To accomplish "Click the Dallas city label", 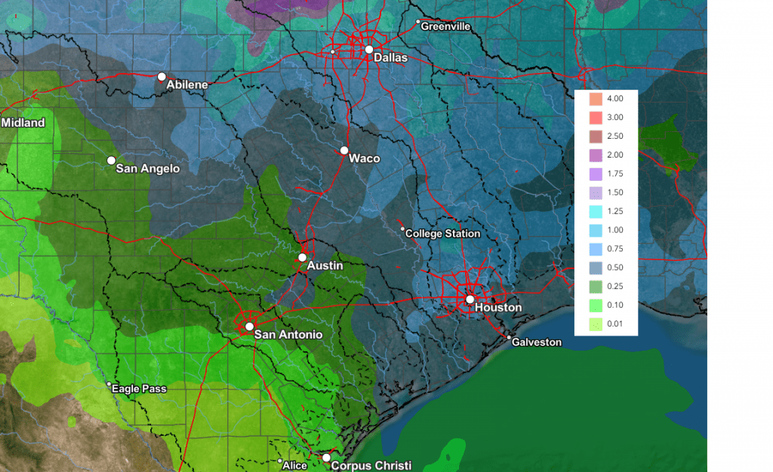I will click(x=390, y=58).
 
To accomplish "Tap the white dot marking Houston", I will click(x=470, y=299).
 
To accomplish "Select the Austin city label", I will click(x=325, y=266).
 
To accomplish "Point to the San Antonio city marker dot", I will click(x=249, y=326).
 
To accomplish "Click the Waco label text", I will click(x=364, y=159).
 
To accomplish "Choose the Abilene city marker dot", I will click(x=162, y=76).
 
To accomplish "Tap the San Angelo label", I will click(x=148, y=169).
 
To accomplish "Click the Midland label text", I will click(x=23, y=123).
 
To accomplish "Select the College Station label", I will click(x=442, y=234).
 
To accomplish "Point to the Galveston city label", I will click(x=537, y=342).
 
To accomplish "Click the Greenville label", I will click(x=445, y=26).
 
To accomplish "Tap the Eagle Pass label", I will click(x=139, y=389).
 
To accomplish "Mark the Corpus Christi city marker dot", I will click(x=326, y=458).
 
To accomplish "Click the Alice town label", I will click(x=294, y=466).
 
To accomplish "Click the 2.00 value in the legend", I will click(x=615, y=155).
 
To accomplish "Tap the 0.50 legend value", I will click(x=615, y=268).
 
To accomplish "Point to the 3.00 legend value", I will click(x=615, y=118).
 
